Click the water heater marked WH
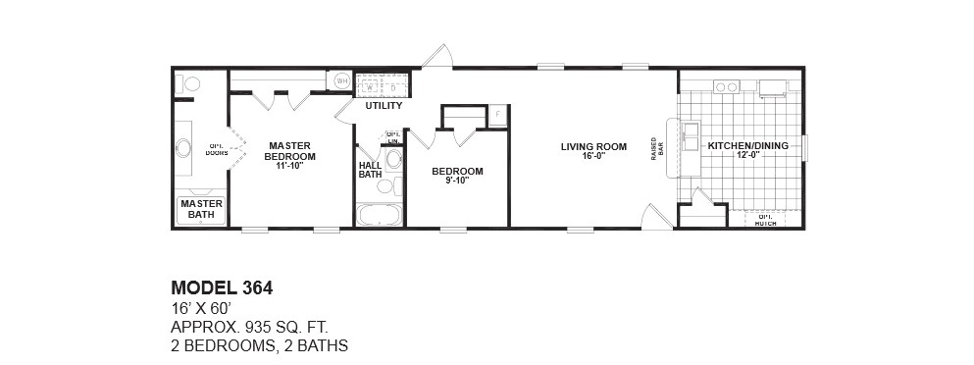click(x=343, y=81)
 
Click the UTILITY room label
click(x=384, y=105)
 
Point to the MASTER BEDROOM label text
click(x=291, y=151)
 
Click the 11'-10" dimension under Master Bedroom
click(x=291, y=166)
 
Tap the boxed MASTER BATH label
click(x=201, y=208)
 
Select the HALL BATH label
click(x=370, y=170)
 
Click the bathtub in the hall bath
click(x=378, y=215)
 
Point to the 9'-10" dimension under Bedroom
click(x=457, y=181)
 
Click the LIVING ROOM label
click(x=593, y=147)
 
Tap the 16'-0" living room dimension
click(x=593, y=157)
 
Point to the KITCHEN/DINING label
click(x=747, y=146)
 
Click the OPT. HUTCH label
click(x=765, y=220)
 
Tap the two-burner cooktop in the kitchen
click(x=726, y=87)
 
